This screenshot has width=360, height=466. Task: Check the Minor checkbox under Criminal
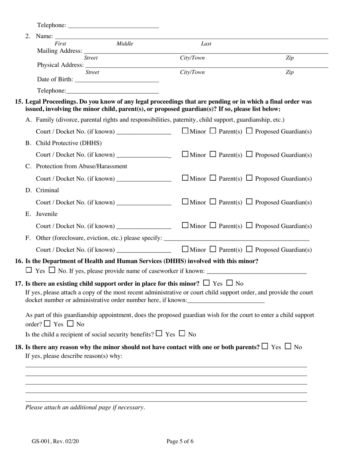185,202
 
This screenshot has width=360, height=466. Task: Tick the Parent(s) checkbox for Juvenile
213,225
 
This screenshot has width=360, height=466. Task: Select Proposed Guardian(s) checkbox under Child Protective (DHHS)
249,154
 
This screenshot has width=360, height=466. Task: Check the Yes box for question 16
29,271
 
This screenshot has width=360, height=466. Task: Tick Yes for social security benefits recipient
159,334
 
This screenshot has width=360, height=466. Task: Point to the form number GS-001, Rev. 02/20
55,441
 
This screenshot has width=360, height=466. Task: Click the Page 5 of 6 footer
180,441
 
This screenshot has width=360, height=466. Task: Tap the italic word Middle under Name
125,44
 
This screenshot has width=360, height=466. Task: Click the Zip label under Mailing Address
289,58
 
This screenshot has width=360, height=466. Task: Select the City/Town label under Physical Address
192,72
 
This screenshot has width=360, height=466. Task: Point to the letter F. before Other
28,238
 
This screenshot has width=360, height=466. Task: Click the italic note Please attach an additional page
85,408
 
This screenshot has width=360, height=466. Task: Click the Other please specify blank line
236,239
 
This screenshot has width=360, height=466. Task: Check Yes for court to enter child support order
47,324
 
